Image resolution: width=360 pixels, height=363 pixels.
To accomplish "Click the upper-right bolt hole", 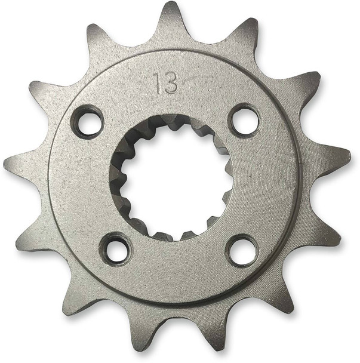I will (x=245, y=120).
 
